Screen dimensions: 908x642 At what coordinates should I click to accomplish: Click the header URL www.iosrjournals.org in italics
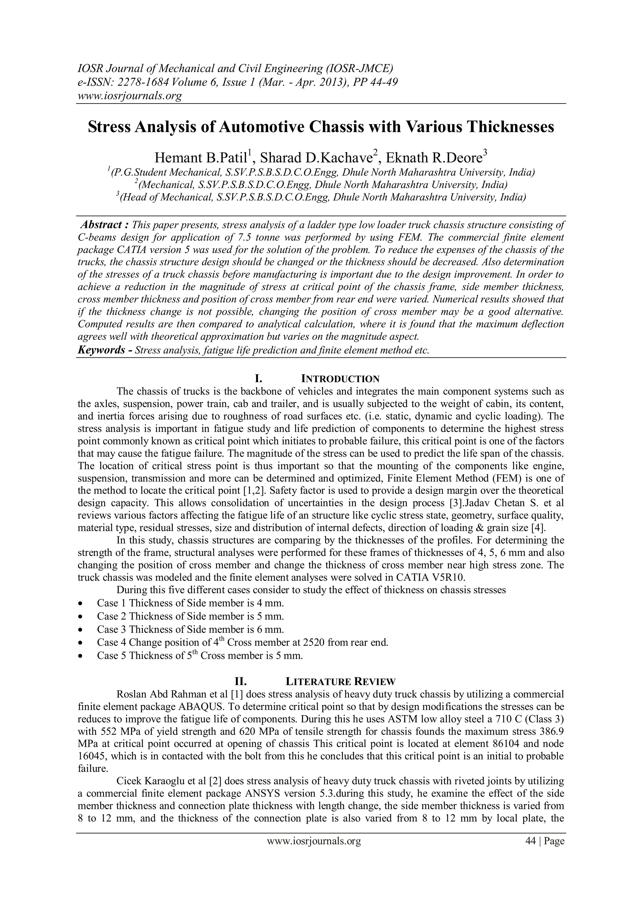point(129,96)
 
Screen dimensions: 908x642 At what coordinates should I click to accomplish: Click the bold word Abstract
point(101,225)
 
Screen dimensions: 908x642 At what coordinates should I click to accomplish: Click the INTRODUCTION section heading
point(340,379)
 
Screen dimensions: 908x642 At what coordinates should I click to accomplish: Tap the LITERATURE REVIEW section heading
point(340,681)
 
